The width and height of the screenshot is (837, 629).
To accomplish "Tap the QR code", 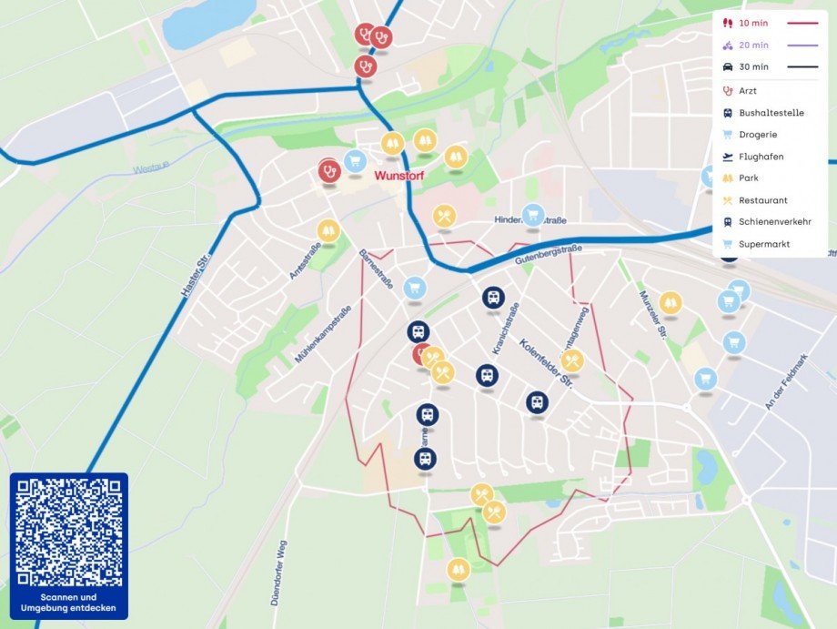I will (x=69, y=532).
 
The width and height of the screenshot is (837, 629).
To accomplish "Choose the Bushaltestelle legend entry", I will (x=771, y=113).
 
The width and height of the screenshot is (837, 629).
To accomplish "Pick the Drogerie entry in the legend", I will (x=758, y=135).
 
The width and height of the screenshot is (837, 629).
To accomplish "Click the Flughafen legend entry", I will (x=761, y=157).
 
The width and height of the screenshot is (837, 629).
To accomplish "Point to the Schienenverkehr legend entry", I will (x=774, y=222).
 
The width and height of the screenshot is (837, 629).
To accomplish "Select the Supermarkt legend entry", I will (x=763, y=244).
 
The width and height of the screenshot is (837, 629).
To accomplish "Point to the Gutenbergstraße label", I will (x=546, y=254).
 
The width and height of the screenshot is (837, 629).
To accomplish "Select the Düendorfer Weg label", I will (x=281, y=554).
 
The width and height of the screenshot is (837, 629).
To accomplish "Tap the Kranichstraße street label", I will (x=506, y=329).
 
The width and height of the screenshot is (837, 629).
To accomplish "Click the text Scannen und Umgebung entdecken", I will (x=69, y=603).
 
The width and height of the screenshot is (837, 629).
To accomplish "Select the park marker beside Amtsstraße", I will (x=328, y=230).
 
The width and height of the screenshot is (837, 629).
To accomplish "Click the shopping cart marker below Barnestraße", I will (x=415, y=288).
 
